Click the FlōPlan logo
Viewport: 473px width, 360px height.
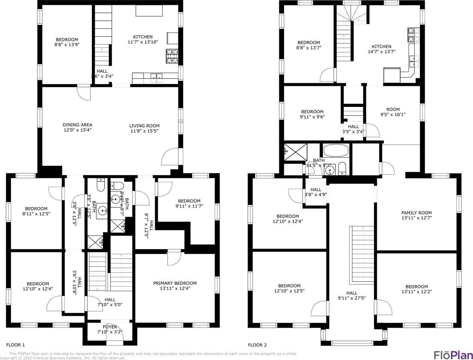tap(453, 354)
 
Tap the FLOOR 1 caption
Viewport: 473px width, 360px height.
tap(15, 345)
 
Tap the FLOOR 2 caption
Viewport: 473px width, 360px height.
tap(257, 345)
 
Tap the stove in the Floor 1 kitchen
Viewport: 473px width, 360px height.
tap(172, 56)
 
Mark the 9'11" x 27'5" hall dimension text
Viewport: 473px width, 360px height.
tap(352, 298)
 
